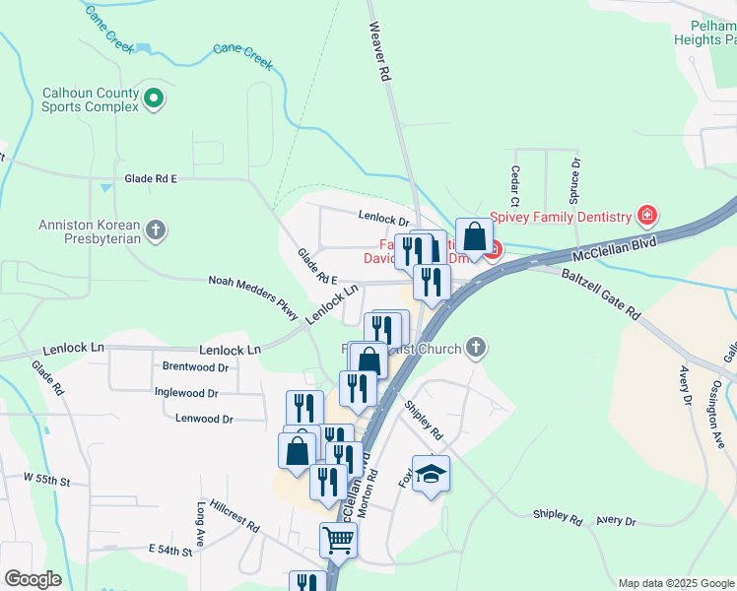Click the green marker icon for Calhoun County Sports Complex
click(154, 98)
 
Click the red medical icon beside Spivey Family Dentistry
click(647, 215)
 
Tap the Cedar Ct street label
click(514, 179)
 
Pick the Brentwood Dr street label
click(195, 366)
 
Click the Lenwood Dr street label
click(204, 419)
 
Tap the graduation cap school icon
click(431, 475)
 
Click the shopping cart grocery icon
click(338, 539)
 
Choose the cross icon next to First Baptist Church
click(476, 347)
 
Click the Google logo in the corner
click(33, 579)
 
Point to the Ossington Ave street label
click(718, 398)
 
